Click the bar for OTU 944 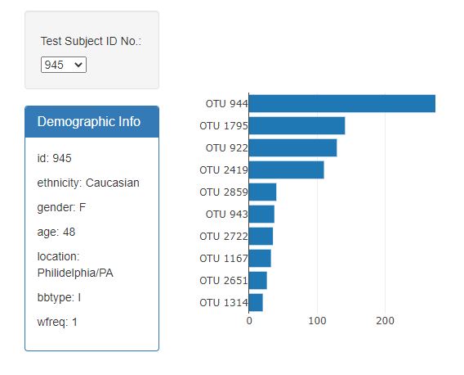(341, 103)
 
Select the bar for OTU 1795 (297, 125)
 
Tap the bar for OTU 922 (292, 147)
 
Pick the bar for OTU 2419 (286, 169)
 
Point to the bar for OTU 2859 (262, 192)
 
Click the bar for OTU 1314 (256, 302)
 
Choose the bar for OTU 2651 (257, 280)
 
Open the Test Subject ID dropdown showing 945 (64, 64)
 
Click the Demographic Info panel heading (89, 121)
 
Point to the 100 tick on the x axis (317, 321)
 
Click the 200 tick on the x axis (385, 321)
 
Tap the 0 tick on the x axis (249, 321)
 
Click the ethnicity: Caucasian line (88, 183)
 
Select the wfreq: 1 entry (57, 322)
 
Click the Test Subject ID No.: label (91, 41)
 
